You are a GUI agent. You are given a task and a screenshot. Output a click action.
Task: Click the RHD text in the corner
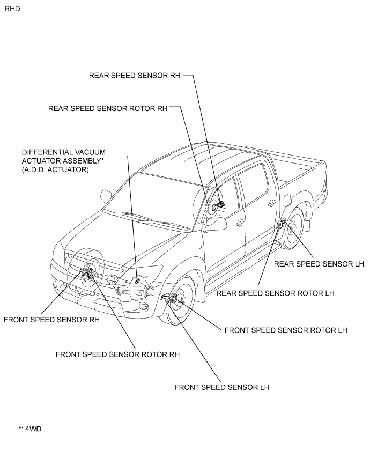[12, 9]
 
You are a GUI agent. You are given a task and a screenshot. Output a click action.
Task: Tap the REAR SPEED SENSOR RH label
[135, 76]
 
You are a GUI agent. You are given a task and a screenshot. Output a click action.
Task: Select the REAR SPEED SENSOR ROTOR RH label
[108, 108]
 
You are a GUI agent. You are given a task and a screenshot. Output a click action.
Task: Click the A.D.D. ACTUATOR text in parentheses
[55, 169]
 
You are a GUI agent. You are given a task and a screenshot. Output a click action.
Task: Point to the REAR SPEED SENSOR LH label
[319, 264]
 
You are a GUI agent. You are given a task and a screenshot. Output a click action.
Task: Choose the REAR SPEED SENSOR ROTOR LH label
[275, 293]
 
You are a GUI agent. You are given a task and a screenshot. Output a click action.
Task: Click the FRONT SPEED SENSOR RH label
[51, 320]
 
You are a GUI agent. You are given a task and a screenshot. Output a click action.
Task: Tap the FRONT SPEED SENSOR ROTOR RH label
[117, 354]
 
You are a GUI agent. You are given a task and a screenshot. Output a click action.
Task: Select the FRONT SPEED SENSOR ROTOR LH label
[286, 330]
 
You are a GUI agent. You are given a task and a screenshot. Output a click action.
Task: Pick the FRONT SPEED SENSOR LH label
[222, 387]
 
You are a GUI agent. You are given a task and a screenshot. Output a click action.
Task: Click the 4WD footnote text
[30, 429]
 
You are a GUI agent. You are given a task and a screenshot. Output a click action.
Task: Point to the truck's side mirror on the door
[216, 223]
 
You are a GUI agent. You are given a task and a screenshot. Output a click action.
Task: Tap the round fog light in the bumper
[143, 307]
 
